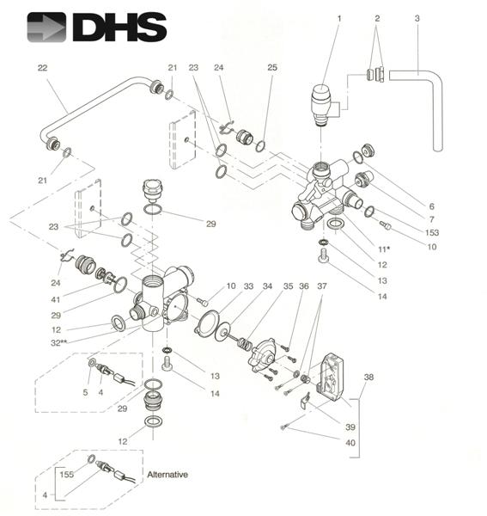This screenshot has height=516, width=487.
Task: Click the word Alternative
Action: pos(167,475)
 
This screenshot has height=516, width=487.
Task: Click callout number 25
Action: pos(272,67)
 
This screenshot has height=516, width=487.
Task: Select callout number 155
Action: pos(66,472)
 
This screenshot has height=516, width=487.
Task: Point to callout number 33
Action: pos(248,286)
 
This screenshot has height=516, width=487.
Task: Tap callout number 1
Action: pos(338,18)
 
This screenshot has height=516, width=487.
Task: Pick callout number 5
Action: pos(84,392)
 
